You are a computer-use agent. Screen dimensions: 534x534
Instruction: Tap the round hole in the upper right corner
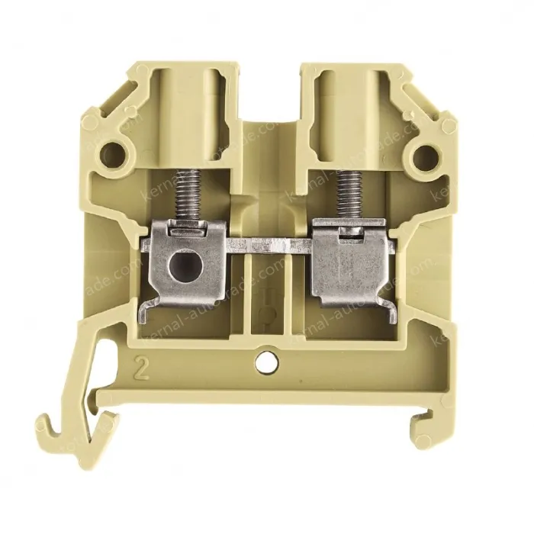[x=421, y=156]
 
